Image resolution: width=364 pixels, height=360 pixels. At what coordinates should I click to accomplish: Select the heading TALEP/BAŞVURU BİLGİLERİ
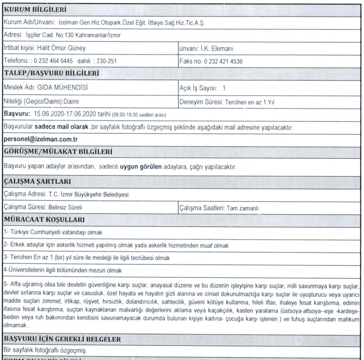tap(51, 74)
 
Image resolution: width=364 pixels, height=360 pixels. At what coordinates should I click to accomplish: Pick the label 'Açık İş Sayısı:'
tap(199, 87)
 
